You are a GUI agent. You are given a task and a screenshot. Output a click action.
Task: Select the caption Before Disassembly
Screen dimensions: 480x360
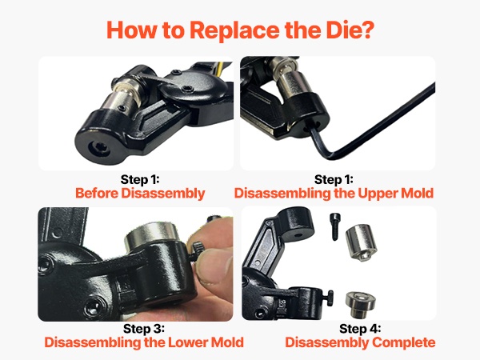click(140, 194)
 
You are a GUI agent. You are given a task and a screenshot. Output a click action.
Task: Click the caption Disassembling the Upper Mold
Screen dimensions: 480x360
click(334, 194)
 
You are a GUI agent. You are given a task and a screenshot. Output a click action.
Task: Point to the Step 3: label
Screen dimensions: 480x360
click(144, 329)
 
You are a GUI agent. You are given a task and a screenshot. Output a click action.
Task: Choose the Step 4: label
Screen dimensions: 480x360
click(360, 329)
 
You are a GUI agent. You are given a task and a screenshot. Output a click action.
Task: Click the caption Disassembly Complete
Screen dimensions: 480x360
click(360, 342)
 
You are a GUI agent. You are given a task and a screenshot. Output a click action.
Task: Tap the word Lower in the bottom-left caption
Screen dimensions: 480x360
click(189, 342)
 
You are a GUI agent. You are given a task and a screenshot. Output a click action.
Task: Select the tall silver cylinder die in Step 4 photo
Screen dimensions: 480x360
click(362, 242)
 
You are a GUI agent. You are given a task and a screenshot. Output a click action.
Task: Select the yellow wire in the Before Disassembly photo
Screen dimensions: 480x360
click(219, 70)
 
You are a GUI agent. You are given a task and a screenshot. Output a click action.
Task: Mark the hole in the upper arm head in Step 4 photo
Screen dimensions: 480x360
click(297, 236)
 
